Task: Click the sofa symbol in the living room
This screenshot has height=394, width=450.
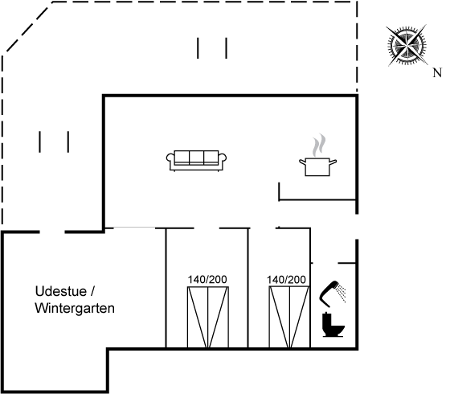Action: pos(196,161)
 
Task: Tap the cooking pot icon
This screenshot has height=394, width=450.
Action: pos(317,166)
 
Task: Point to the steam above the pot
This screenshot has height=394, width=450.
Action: pos(320,145)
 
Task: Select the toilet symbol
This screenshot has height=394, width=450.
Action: pos(333,325)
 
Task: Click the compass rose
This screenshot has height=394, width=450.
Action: pos(407,45)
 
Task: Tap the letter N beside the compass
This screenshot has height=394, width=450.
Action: pos(437,73)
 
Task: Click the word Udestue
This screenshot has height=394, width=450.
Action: pos(60,291)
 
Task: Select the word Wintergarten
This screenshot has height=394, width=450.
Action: pos(75,308)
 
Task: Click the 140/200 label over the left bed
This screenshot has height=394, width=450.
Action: pos(207,280)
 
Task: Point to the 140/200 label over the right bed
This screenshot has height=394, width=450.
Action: pos(286,280)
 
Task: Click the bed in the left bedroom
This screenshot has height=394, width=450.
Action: pos(208,317)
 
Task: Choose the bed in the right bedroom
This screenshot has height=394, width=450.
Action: pos(289,317)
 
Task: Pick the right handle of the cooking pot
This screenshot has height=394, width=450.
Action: pos(333,162)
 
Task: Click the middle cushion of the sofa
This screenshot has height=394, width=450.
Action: pos(197,158)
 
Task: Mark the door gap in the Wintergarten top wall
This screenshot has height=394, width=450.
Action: pos(52,232)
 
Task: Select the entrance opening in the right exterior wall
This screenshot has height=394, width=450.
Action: pos(357,227)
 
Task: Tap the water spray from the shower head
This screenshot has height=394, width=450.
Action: pos(342,293)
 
